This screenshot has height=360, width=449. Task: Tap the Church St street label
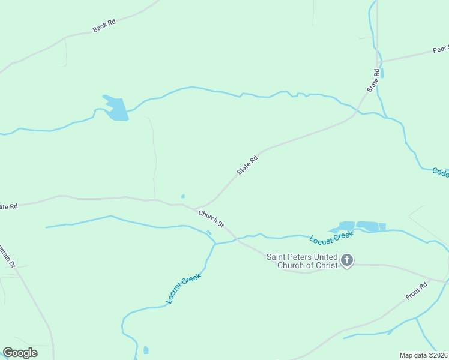point(211,218)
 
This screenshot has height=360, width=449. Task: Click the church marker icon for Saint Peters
point(347,260)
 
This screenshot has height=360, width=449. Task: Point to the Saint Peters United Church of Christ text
point(302,261)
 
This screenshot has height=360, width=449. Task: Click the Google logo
point(20,353)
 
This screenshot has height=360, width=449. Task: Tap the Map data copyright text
point(424,355)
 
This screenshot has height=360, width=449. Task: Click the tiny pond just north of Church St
point(182,196)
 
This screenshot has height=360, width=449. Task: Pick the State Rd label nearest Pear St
point(373,81)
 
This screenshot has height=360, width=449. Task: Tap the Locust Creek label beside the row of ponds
point(332,237)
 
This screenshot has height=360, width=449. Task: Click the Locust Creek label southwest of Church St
point(183,288)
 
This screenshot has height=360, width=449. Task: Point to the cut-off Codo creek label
point(440,172)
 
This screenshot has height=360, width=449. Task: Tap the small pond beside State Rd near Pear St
point(382,73)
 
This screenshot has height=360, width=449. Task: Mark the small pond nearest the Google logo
point(146,350)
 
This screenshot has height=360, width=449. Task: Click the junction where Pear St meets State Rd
point(378,61)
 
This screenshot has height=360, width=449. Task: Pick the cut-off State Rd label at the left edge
point(8,206)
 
